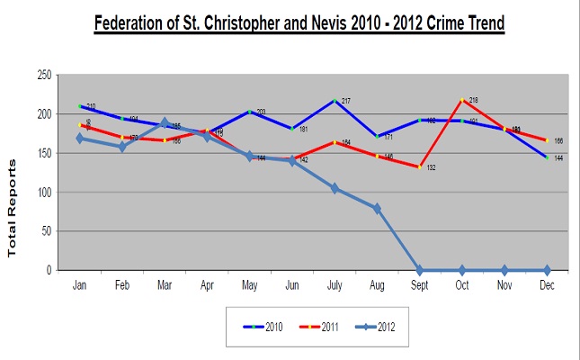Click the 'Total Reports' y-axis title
click(13, 208)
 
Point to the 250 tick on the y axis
click(43, 76)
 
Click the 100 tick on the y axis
click(43, 192)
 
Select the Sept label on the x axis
click(419, 283)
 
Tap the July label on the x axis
click(335, 283)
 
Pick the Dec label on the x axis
click(546, 283)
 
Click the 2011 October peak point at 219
click(461, 100)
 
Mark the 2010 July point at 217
click(335, 101)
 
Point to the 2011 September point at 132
click(419, 166)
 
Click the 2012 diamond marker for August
click(377, 208)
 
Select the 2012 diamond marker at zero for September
click(419, 270)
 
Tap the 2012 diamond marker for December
click(546, 270)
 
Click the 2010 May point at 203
click(250, 112)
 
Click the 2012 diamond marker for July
click(335, 188)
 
